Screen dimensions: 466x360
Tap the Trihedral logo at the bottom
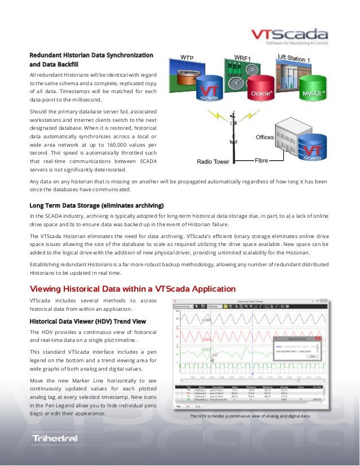tap(55, 438)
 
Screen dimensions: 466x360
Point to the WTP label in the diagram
tap(187, 57)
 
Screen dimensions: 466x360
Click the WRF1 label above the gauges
tap(242, 57)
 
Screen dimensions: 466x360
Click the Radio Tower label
tap(213, 161)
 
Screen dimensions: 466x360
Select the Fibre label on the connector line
tap(261, 160)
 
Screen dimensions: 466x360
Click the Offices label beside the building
tap(265, 137)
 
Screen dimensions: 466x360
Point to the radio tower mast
tap(233, 138)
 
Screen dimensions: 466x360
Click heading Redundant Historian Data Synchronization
tap(91, 55)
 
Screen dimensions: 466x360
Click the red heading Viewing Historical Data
tap(133, 289)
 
